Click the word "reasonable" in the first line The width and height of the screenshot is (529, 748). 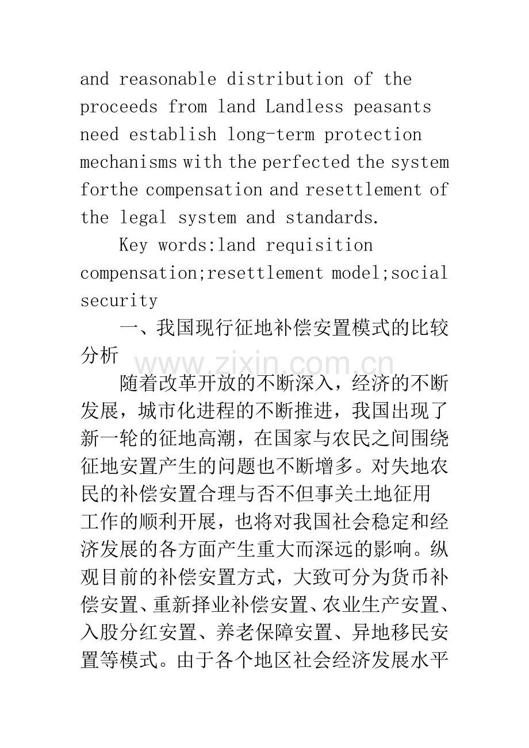point(167,79)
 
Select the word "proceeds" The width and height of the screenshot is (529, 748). point(118,107)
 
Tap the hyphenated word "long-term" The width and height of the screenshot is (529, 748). point(270,134)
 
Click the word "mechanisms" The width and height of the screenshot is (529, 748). point(129,162)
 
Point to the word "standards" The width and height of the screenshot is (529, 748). point(331,218)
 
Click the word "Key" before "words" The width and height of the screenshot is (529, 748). point(133,245)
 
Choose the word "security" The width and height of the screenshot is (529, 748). point(118,300)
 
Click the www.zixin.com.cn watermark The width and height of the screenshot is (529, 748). point(264,363)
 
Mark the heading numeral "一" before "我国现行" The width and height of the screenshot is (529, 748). point(128,329)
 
